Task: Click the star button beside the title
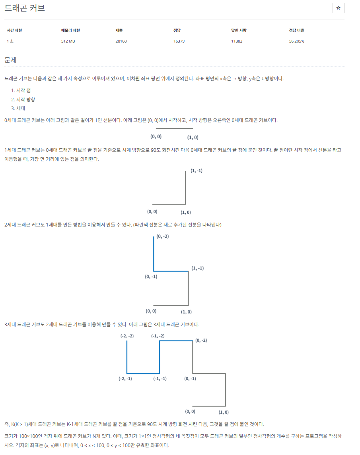pyautogui.click(x=338, y=8)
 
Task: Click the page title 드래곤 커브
pyautogui.click(x=25, y=8)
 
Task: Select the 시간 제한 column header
pyautogui.click(x=14, y=31)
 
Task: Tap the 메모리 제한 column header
pyautogui.click(x=70, y=31)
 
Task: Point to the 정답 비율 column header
pyautogui.click(x=297, y=31)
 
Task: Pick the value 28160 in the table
pyautogui.click(x=121, y=41)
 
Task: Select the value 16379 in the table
pyautogui.click(x=179, y=41)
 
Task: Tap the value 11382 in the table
pyautogui.click(x=237, y=41)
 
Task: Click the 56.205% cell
pyautogui.click(x=297, y=41)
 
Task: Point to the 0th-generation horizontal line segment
pyautogui.click(x=174, y=128)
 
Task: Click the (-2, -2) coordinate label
pyautogui.click(x=127, y=336)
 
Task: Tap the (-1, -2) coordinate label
pyautogui.click(x=158, y=336)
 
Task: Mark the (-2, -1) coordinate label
pyautogui.click(x=125, y=379)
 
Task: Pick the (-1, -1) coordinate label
pyautogui.click(x=160, y=379)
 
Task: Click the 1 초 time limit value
pyautogui.click(x=10, y=41)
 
